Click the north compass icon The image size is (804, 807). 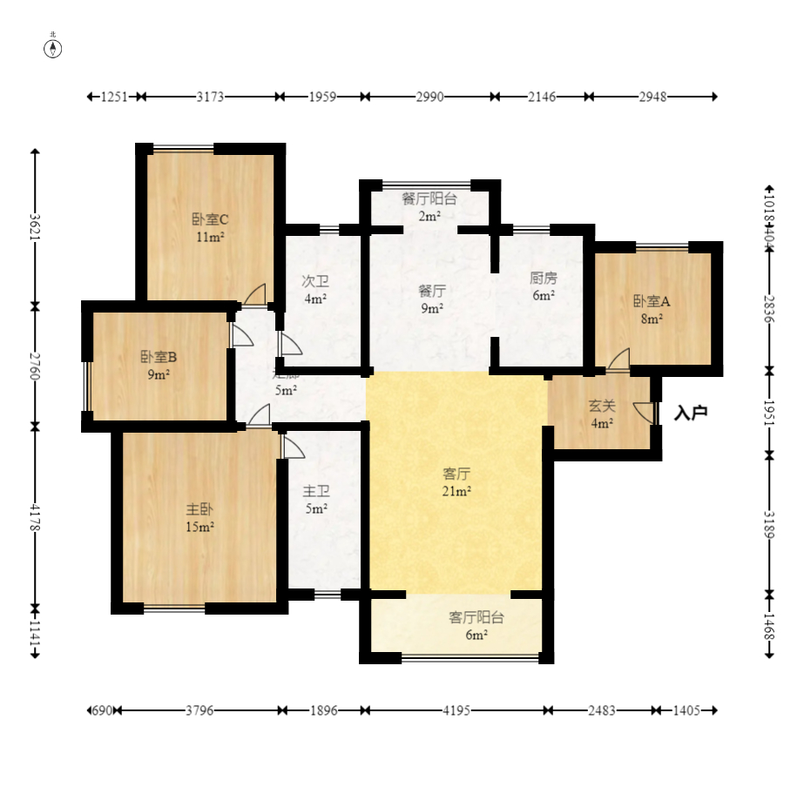[x=53, y=48]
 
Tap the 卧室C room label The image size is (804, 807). [x=210, y=227]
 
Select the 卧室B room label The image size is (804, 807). [x=159, y=365]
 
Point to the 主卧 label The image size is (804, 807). [x=199, y=517]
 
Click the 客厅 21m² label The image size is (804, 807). [x=456, y=482]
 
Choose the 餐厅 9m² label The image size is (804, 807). [x=432, y=299]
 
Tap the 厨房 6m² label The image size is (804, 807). [x=544, y=286]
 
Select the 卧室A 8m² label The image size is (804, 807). [x=652, y=309]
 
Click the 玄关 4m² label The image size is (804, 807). [x=602, y=414]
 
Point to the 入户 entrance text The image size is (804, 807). [x=690, y=413]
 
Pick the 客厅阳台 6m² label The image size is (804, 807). [x=476, y=625]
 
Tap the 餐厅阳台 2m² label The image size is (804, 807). [x=429, y=206]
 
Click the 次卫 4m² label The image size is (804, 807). [x=315, y=289]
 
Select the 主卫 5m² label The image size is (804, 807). [x=315, y=500]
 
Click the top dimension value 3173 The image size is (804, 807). [x=210, y=97]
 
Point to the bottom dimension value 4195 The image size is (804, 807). [x=456, y=710]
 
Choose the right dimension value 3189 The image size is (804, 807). [x=768, y=525]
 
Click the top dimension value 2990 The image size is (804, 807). [x=429, y=97]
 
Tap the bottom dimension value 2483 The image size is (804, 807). [x=602, y=710]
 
